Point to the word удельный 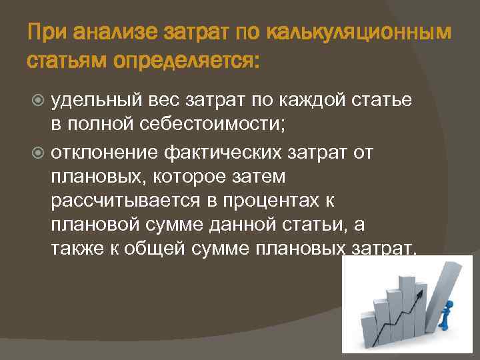click(x=93, y=99)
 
